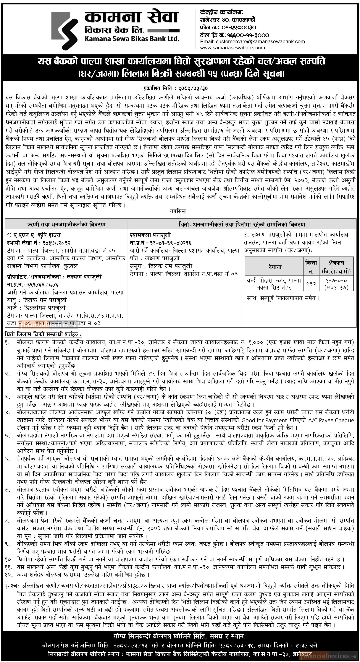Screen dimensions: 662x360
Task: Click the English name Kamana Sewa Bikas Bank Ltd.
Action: (x=132, y=39)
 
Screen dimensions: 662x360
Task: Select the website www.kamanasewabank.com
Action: (x=233, y=48)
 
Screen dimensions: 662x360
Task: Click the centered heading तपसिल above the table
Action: (x=178, y=211)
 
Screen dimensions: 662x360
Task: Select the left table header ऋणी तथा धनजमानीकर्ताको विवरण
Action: (x=67, y=224)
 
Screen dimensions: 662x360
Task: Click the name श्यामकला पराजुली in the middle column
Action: (x=150, y=235)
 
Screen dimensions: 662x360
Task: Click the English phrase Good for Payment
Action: (x=264, y=420)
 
